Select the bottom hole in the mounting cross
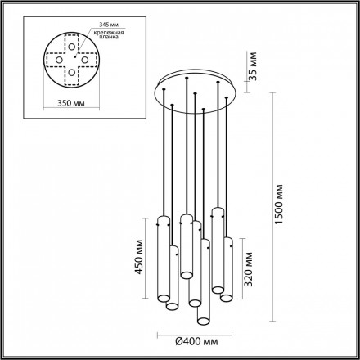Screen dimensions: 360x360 click(x=71, y=71)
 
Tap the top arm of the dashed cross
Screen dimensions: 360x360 click(x=72, y=38)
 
